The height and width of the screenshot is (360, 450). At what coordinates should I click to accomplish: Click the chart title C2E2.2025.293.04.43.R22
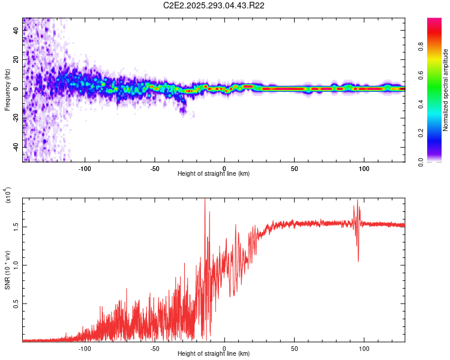[214, 5]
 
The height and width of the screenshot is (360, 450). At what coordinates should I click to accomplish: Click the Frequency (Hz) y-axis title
[8, 90]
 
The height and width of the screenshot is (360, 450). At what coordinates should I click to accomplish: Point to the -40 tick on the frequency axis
[16, 147]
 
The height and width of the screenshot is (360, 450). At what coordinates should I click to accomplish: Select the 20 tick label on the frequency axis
[16, 60]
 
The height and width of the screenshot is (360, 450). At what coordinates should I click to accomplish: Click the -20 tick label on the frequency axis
[16, 118]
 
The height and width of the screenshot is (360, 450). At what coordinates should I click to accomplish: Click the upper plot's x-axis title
[214, 174]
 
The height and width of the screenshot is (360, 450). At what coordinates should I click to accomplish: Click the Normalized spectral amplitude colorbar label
[446, 90]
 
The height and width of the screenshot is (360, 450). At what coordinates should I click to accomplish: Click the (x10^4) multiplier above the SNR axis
[8, 196]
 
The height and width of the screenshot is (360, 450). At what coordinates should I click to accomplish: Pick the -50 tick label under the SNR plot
[154, 348]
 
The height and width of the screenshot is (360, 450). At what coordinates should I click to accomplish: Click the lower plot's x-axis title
[214, 354]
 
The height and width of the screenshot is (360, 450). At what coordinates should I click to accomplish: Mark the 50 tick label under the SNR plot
[295, 348]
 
